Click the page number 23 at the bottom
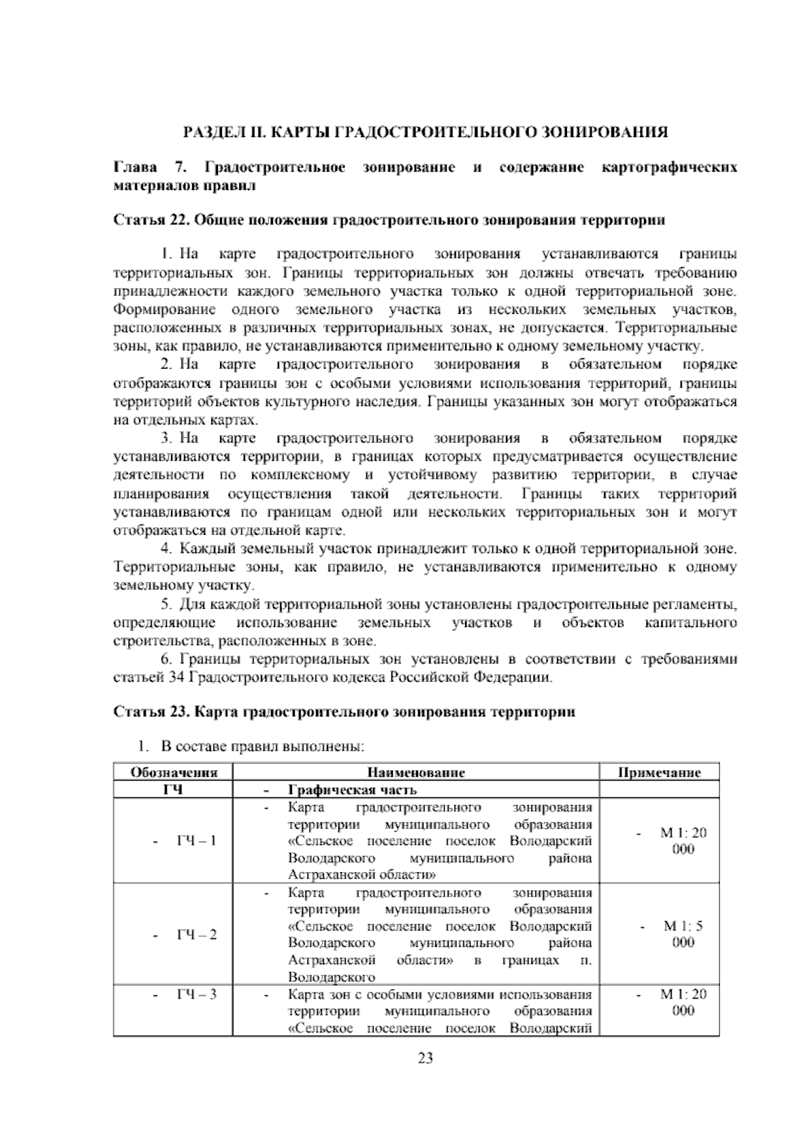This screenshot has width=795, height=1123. [425, 1058]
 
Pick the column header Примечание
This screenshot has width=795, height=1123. [659, 772]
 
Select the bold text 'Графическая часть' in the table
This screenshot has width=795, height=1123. [352, 790]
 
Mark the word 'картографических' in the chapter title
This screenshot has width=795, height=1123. [668, 168]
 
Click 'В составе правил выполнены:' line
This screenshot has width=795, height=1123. [262, 747]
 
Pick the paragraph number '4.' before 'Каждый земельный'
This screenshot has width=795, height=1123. [167, 549]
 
